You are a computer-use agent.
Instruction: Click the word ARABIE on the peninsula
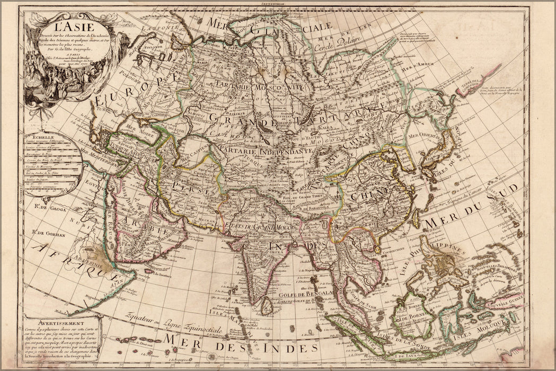pos(140,227)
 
